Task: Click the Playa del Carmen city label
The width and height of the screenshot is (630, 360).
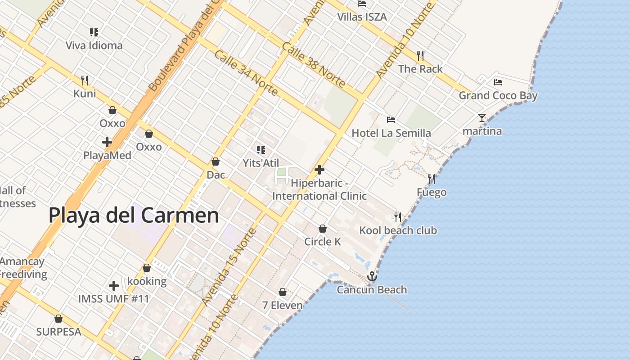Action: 134,215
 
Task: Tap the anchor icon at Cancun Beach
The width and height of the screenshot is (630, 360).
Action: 372,276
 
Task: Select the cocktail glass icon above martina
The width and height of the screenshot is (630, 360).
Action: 482,118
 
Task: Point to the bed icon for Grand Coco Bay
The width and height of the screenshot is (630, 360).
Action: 498,82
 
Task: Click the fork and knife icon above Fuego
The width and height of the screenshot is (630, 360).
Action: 432,179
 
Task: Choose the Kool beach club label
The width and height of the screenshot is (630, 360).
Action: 398,230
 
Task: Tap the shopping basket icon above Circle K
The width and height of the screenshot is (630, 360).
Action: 323,229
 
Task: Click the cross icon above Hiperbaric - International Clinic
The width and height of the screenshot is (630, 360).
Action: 319,170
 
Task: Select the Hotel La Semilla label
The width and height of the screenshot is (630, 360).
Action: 391,133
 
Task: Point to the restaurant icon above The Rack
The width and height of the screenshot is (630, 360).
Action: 420,56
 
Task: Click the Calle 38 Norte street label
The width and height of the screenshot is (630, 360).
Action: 314,65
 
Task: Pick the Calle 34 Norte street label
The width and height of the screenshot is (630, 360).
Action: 246,73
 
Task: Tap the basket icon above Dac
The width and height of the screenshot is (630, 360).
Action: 216,162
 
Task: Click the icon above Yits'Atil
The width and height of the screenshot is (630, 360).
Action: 261,149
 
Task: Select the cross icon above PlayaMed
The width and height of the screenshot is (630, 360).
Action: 107,142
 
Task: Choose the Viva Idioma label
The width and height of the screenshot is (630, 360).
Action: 94,45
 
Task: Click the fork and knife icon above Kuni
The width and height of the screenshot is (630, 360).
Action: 85,81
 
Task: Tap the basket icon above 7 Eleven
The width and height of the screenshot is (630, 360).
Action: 282,292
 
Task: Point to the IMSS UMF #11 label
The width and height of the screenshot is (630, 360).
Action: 113,298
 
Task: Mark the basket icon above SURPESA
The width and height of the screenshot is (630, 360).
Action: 58,319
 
